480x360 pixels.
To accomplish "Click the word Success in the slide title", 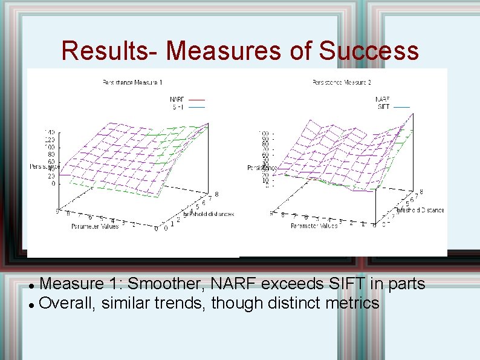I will pos(369,51).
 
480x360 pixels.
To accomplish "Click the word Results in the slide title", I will pos(107,51).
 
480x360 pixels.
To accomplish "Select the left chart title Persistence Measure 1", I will pos(132,82).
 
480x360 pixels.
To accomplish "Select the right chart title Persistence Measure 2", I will pos(342,82).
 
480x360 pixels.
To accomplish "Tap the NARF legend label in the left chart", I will pos(177,99).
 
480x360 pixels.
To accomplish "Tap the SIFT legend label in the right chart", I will pos(383,106).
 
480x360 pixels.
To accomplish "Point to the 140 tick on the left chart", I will pos(48,132).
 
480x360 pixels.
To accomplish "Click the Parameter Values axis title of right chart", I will pos(314,226).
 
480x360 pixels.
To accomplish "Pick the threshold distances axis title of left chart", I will pos(209,214).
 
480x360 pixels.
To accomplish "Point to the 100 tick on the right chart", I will pos(264,133).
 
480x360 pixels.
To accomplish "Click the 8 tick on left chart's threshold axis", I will pos(216,194).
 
